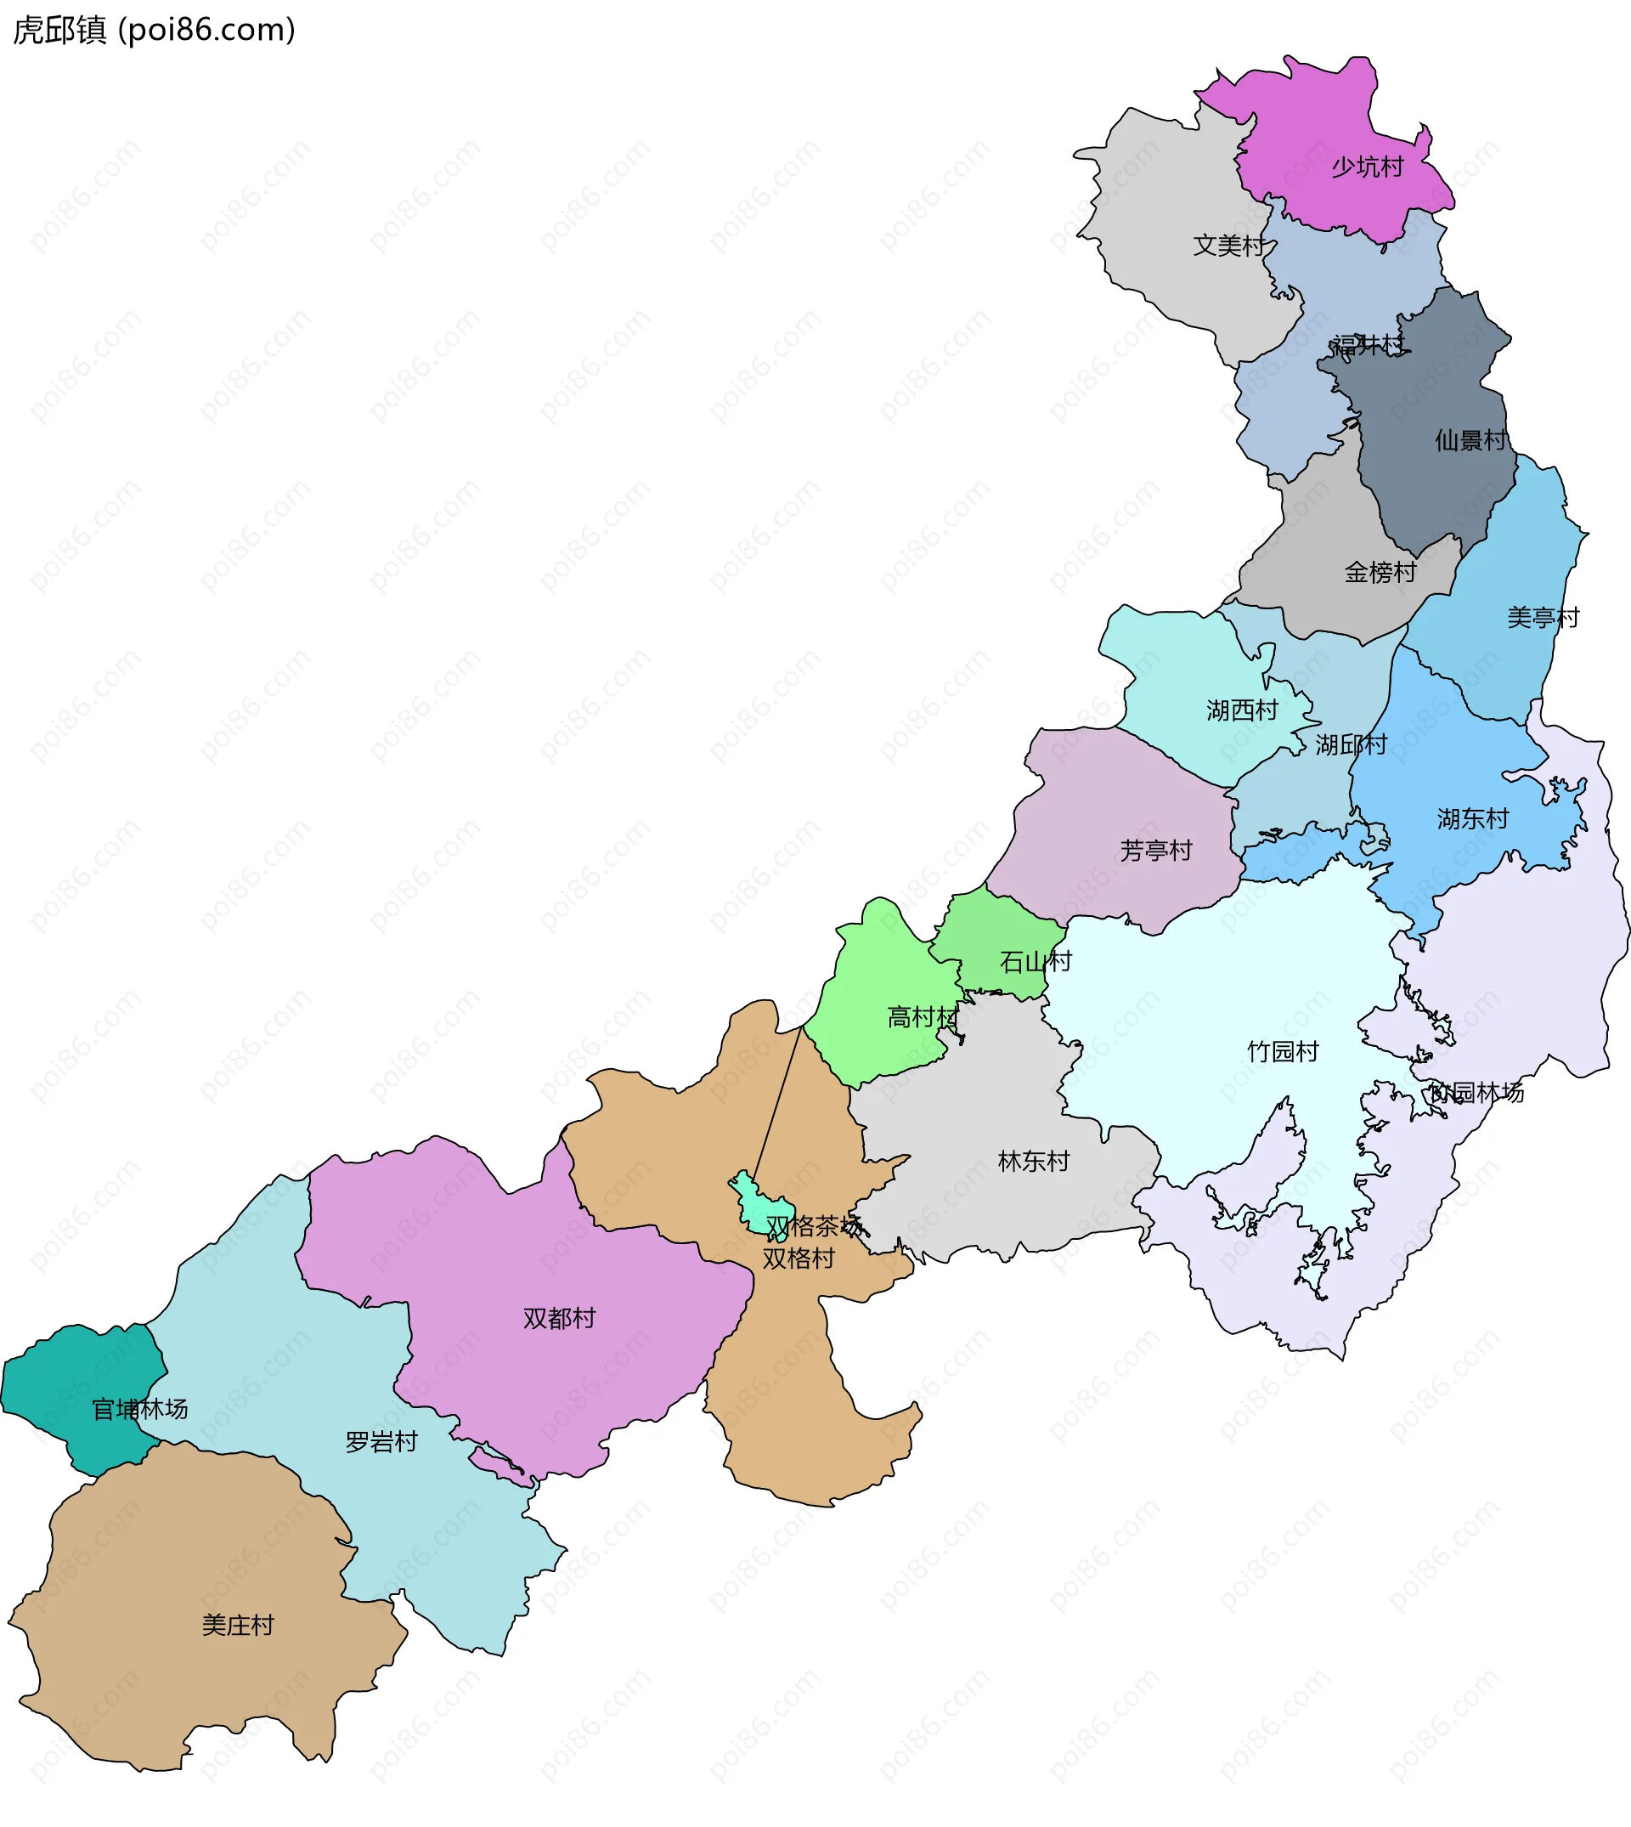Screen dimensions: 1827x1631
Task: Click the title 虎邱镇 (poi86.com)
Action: (153, 31)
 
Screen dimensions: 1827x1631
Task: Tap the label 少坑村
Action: (1367, 167)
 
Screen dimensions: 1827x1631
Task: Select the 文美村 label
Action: (1228, 245)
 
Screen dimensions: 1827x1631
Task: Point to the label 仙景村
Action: (1470, 440)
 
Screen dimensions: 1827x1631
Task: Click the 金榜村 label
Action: (1380, 572)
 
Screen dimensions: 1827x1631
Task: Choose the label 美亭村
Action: (1543, 618)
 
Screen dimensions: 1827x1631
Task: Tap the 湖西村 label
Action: (1241, 711)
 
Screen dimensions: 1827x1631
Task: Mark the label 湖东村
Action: (1472, 818)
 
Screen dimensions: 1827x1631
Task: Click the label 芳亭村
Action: (1156, 851)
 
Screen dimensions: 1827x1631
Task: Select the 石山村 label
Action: (1035, 962)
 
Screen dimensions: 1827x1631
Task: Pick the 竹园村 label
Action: (1283, 1051)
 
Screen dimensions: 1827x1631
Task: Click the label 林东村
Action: (1033, 1162)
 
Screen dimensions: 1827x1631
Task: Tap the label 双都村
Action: (559, 1319)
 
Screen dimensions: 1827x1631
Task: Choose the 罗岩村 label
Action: (381, 1442)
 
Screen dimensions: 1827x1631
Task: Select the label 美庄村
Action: (238, 1626)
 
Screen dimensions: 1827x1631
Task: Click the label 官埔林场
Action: (140, 1410)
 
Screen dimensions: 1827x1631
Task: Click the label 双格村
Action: (798, 1259)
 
